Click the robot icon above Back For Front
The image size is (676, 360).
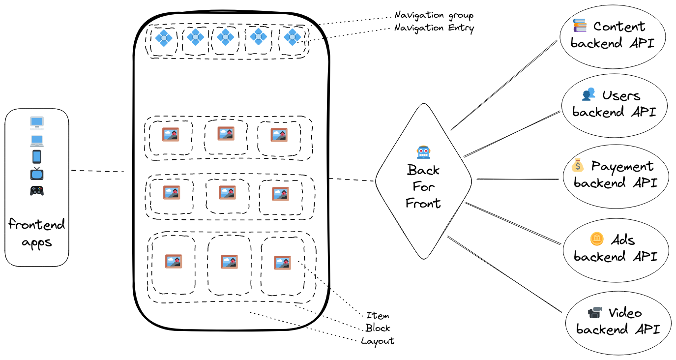coord(423,152)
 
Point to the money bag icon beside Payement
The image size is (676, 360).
coord(578,166)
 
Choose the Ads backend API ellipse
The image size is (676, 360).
coord(616,248)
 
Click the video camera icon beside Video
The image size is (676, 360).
coord(595,313)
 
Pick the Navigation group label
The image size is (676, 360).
coord(434,16)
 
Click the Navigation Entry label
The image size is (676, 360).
coord(434,28)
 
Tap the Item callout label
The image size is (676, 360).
coord(378,316)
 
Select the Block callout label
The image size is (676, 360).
coord(378,328)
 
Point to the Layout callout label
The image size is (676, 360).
coord(378,341)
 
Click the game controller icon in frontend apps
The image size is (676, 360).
coord(37,191)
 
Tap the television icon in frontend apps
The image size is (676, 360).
coord(37,174)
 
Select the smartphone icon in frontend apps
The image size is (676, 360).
coord(37,157)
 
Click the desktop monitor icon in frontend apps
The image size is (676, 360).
coord(37,122)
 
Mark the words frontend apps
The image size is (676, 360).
coord(37,234)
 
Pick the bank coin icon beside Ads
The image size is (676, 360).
coord(596,240)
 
